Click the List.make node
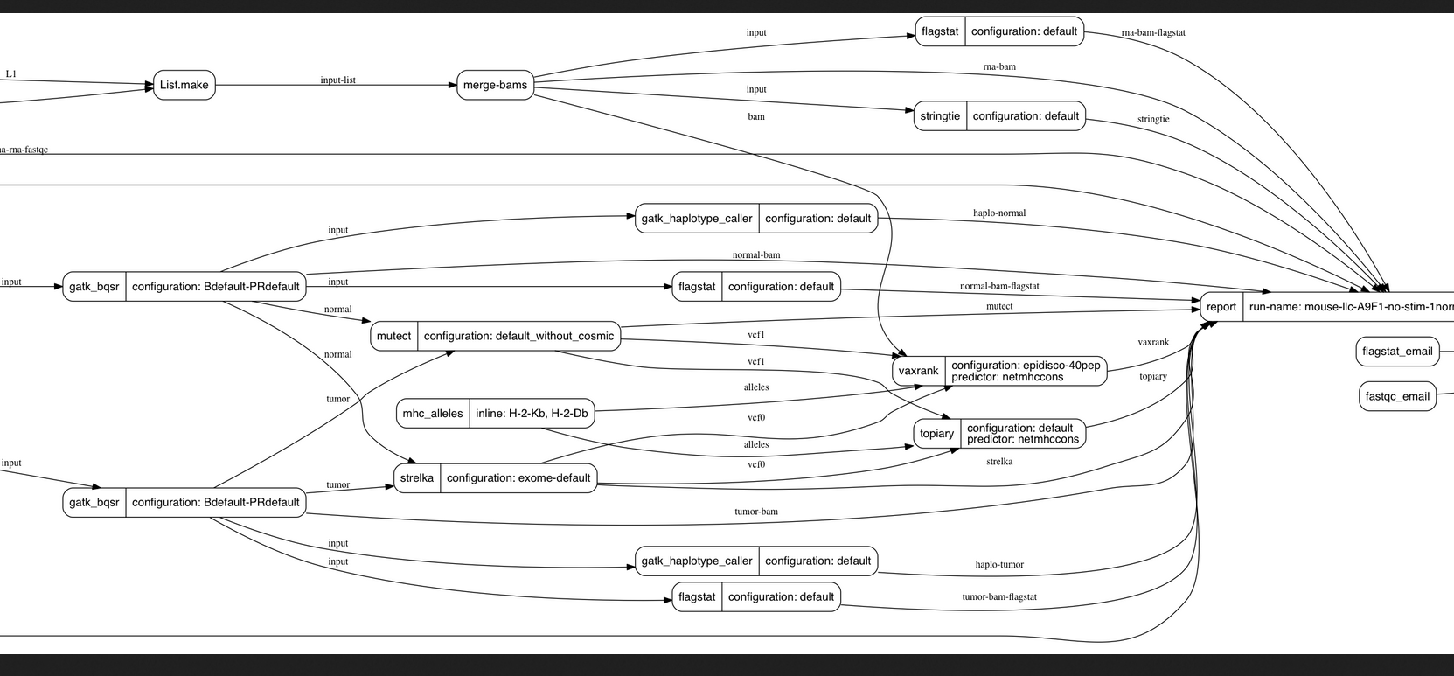(x=184, y=85)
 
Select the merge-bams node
(x=495, y=85)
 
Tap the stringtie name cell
(x=940, y=116)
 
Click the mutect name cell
(x=393, y=336)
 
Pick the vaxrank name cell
(x=918, y=371)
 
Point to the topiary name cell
(x=936, y=434)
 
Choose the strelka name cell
(x=417, y=478)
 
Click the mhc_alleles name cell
(x=433, y=414)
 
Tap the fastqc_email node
(x=1397, y=396)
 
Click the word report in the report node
(x=1221, y=307)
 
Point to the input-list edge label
(x=337, y=80)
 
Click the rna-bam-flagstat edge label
(x=1153, y=33)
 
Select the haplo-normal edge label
(x=999, y=213)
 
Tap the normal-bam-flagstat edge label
(x=999, y=286)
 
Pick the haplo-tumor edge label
(x=999, y=565)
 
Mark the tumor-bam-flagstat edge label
(x=999, y=597)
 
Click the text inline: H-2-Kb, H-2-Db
(x=532, y=414)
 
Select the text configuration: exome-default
(x=518, y=478)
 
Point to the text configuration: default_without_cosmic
(x=519, y=336)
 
